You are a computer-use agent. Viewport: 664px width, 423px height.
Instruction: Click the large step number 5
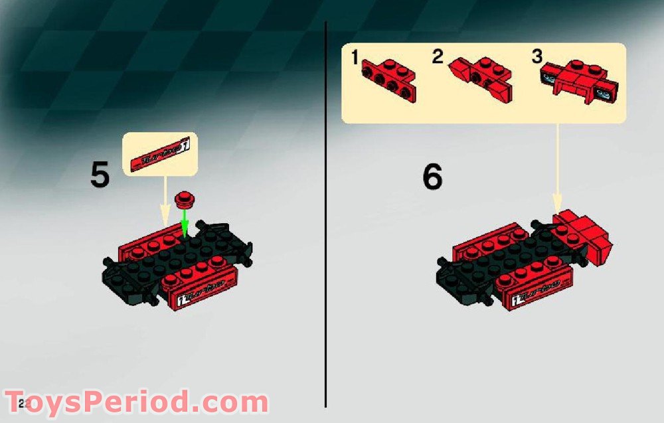click(x=100, y=176)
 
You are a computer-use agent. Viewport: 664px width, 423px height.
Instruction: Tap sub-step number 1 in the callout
click(x=355, y=58)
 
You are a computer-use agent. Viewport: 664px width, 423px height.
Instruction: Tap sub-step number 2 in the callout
click(x=437, y=57)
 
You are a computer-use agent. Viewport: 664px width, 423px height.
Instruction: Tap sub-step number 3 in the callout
click(x=537, y=57)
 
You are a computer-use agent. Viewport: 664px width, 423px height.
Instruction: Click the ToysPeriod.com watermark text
click(x=136, y=402)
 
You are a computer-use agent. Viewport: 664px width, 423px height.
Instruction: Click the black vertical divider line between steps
click(x=325, y=212)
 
